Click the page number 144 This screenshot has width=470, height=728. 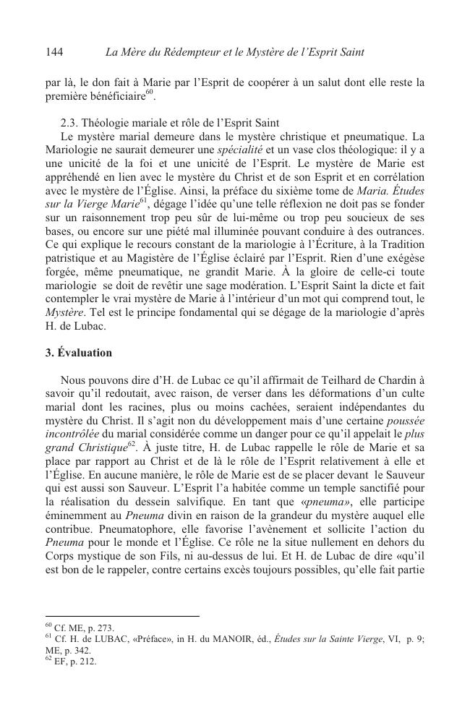point(55,52)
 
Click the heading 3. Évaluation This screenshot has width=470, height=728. point(79,353)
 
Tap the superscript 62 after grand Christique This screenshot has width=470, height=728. point(133,442)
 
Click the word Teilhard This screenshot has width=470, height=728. point(339,380)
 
